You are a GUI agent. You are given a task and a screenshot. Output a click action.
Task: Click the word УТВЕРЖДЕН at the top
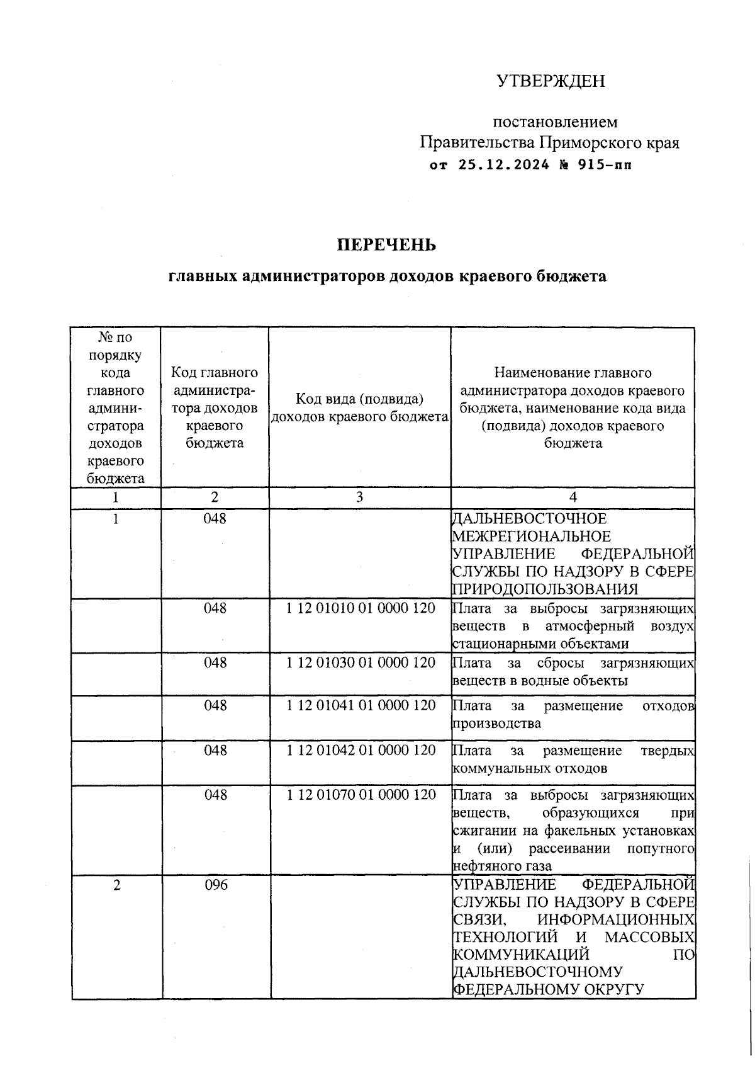[x=551, y=81]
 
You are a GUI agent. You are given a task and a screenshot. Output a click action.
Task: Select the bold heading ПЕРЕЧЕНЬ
[x=386, y=245]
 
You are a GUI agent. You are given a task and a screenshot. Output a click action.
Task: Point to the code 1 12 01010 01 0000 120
[x=361, y=609]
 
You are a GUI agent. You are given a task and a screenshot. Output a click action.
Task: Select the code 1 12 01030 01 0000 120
[x=361, y=663]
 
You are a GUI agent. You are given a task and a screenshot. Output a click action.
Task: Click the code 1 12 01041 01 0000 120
[x=361, y=705]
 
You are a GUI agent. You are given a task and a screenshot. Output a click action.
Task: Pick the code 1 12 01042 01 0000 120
[x=361, y=751]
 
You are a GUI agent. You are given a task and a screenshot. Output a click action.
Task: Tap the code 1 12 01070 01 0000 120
[x=361, y=795]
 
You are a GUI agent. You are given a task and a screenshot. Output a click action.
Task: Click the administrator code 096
[x=215, y=885]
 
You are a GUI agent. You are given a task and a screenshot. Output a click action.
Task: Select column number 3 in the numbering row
[x=359, y=497]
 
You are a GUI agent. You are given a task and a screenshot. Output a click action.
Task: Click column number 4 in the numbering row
[x=573, y=497]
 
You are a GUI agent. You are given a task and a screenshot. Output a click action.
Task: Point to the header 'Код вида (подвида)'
[x=359, y=399]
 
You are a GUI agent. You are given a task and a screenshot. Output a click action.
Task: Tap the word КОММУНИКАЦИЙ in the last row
[x=521, y=955]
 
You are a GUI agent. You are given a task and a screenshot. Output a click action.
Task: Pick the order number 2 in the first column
[x=116, y=885]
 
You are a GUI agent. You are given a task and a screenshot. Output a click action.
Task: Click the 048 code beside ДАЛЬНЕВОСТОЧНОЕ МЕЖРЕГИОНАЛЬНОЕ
[x=215, y=519]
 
